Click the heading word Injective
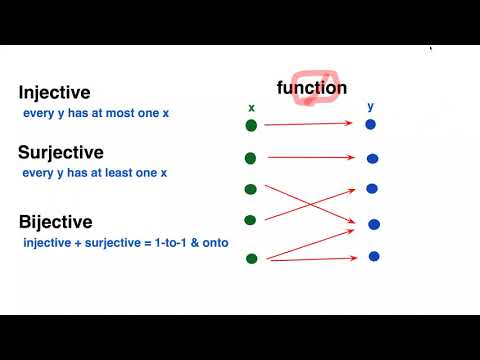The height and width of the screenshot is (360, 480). click(54, 93)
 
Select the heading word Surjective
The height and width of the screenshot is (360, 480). click(60, 153)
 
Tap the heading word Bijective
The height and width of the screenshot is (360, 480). click(56, 221)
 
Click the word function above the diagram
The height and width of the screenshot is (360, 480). click(312, 88)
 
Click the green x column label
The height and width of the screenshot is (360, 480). click(251, 107)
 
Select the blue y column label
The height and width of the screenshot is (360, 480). click(370, 107)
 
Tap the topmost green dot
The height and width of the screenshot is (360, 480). click(251, 125)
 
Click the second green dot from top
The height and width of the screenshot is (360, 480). click(251, 158)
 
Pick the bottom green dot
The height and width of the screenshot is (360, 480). click(251, 258)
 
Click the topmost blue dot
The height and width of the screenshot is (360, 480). click(370, 125)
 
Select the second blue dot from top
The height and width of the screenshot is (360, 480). click(372, 158)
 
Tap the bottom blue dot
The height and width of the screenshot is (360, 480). click(374, 256)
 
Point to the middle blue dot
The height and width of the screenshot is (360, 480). click(372, 188)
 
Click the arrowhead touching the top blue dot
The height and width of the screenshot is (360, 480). click(355, 124)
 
